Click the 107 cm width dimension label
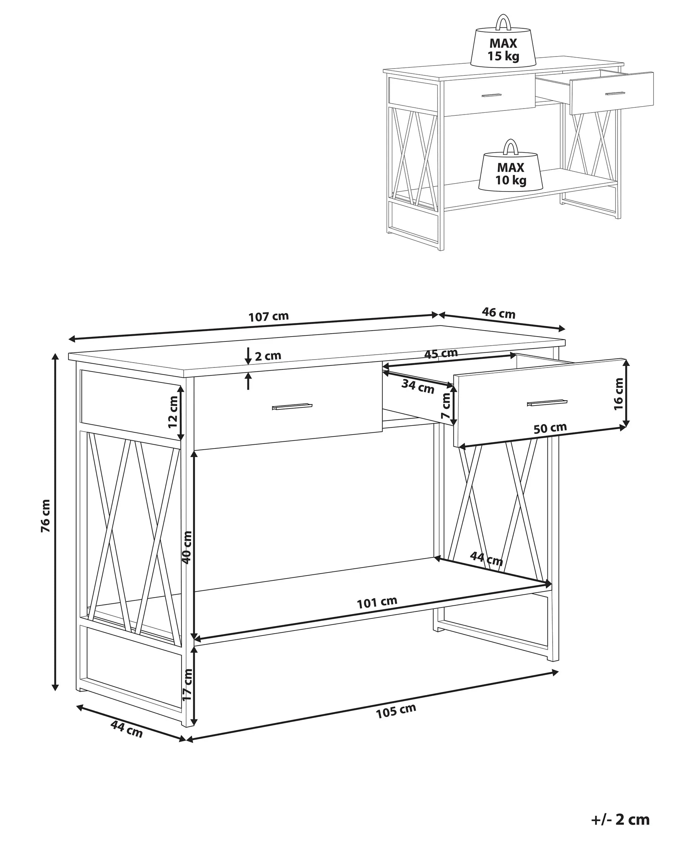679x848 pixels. tap(269, 316)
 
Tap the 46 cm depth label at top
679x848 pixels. tap(498, 313)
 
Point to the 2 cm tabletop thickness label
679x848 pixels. tap(268, 356)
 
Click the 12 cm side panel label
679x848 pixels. tap(173, 412)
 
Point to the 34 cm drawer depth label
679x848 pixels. tap(418, 387)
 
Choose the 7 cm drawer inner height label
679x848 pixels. tap(445, 406)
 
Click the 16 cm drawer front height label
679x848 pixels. tap(619, 394)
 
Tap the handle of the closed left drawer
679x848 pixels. tap(292, 407)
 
